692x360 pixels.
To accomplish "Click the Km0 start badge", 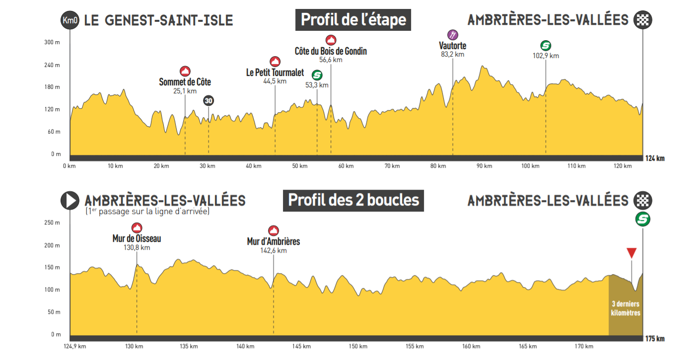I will (x=69, y=20).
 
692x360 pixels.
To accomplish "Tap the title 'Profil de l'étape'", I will (x=353, y=20).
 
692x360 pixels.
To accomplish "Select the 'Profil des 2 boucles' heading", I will (x=353, y=200).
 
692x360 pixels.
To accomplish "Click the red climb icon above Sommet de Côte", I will (x=185, y=71).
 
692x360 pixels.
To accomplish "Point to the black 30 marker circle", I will (x=208, y=101).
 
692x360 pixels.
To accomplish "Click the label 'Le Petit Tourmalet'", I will (x=275, y=72).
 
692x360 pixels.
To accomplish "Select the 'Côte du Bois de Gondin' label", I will (x=331, y=51).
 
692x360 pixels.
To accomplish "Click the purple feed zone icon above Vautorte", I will (x=453, y=35).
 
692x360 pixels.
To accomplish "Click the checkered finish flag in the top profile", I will (x=643, y=20).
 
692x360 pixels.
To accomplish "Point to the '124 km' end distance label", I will (x=655, y=158).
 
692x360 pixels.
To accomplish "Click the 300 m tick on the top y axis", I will (x=53, y=42).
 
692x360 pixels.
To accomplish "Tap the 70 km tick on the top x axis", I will (x=392, y=166).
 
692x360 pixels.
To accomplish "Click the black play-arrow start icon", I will (x=70, y=201).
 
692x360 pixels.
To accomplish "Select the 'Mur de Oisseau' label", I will (x=137, y=239).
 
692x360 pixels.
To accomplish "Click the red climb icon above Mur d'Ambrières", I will (x=274, y=230).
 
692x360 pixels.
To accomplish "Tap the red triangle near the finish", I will (x=631, y=253).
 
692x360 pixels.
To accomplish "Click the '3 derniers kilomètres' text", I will (x=625, y=308).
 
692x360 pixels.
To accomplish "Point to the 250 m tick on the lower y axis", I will (x=53, y=222).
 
